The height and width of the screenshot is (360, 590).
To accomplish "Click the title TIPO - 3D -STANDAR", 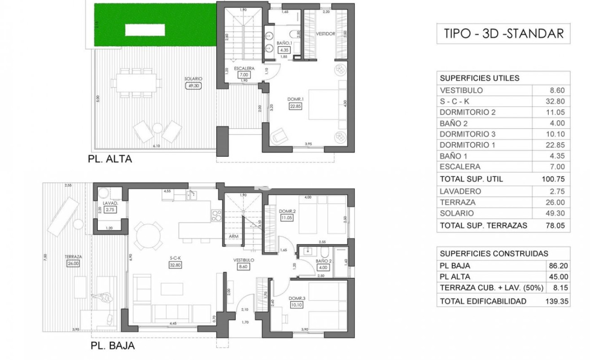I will pos(503,34).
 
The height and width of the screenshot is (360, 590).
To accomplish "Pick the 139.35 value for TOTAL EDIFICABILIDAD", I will pos(557,301).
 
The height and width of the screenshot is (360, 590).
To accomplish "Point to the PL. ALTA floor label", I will pos(110,159).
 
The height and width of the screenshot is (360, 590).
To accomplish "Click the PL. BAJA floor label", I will pos(112,346).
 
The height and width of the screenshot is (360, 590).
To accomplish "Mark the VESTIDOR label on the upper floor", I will pos(325,34).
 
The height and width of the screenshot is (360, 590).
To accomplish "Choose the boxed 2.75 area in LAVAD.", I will pos(110,210).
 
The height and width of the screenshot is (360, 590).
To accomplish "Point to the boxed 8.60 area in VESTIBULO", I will pos(243,267).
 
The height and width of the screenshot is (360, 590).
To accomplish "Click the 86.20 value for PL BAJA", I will pos(557,266).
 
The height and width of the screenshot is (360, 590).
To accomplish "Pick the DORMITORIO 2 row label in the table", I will pos(468,112).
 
